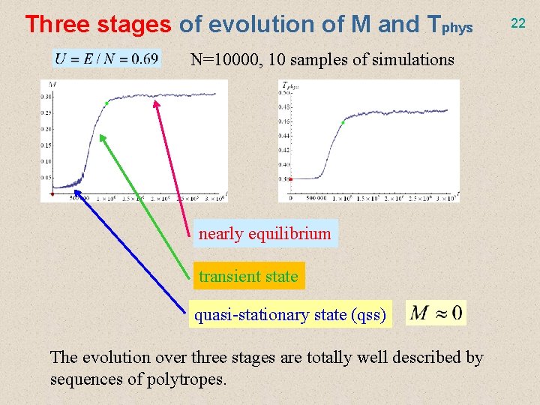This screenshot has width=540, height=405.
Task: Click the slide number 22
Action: point(518,23)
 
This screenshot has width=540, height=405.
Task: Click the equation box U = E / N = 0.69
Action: point(106,58)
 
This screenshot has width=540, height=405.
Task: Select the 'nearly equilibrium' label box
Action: point(264,233)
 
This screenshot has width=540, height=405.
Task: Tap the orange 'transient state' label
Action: point(248,276)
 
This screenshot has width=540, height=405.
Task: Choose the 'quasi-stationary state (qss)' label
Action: point(290,315)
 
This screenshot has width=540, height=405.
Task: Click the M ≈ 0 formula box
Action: point(436,312)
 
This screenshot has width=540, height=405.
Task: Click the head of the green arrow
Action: point(101,136)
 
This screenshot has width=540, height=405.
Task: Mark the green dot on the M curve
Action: point(107,103)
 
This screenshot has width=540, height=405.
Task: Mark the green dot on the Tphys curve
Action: point(343,122)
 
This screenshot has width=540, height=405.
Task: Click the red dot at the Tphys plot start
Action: point(290,178)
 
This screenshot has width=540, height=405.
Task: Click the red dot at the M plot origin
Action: point(52,193)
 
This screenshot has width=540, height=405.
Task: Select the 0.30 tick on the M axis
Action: point(47,97)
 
